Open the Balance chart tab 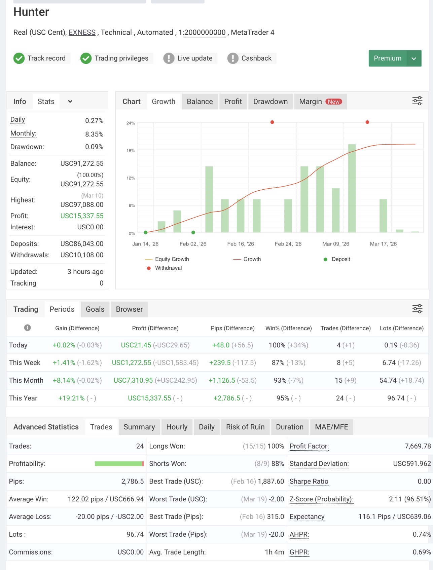[x=200, y=102]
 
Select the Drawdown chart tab [x=270, y=102]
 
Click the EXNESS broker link [x=82, y=32]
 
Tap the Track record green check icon [x=19, y=58]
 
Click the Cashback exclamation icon [x=233, y=58]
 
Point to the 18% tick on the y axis [x=131, y=151]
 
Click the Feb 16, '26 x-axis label [x=241, y=244]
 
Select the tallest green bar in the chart [x=352, y=188]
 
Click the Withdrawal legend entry [x=165, y=268]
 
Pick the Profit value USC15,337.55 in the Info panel [x=82, y=216]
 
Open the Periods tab [x=62, y=309]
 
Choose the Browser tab [x=129, y=309]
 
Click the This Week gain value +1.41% [x=64, y=363]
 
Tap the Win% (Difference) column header [x=289, y=328]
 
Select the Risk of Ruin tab [x=245, y=427]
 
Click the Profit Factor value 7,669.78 [x=418, y=446]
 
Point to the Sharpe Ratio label [x=309, y=482]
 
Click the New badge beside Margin [x=334, y=102]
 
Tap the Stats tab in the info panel [x=46, y=102]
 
